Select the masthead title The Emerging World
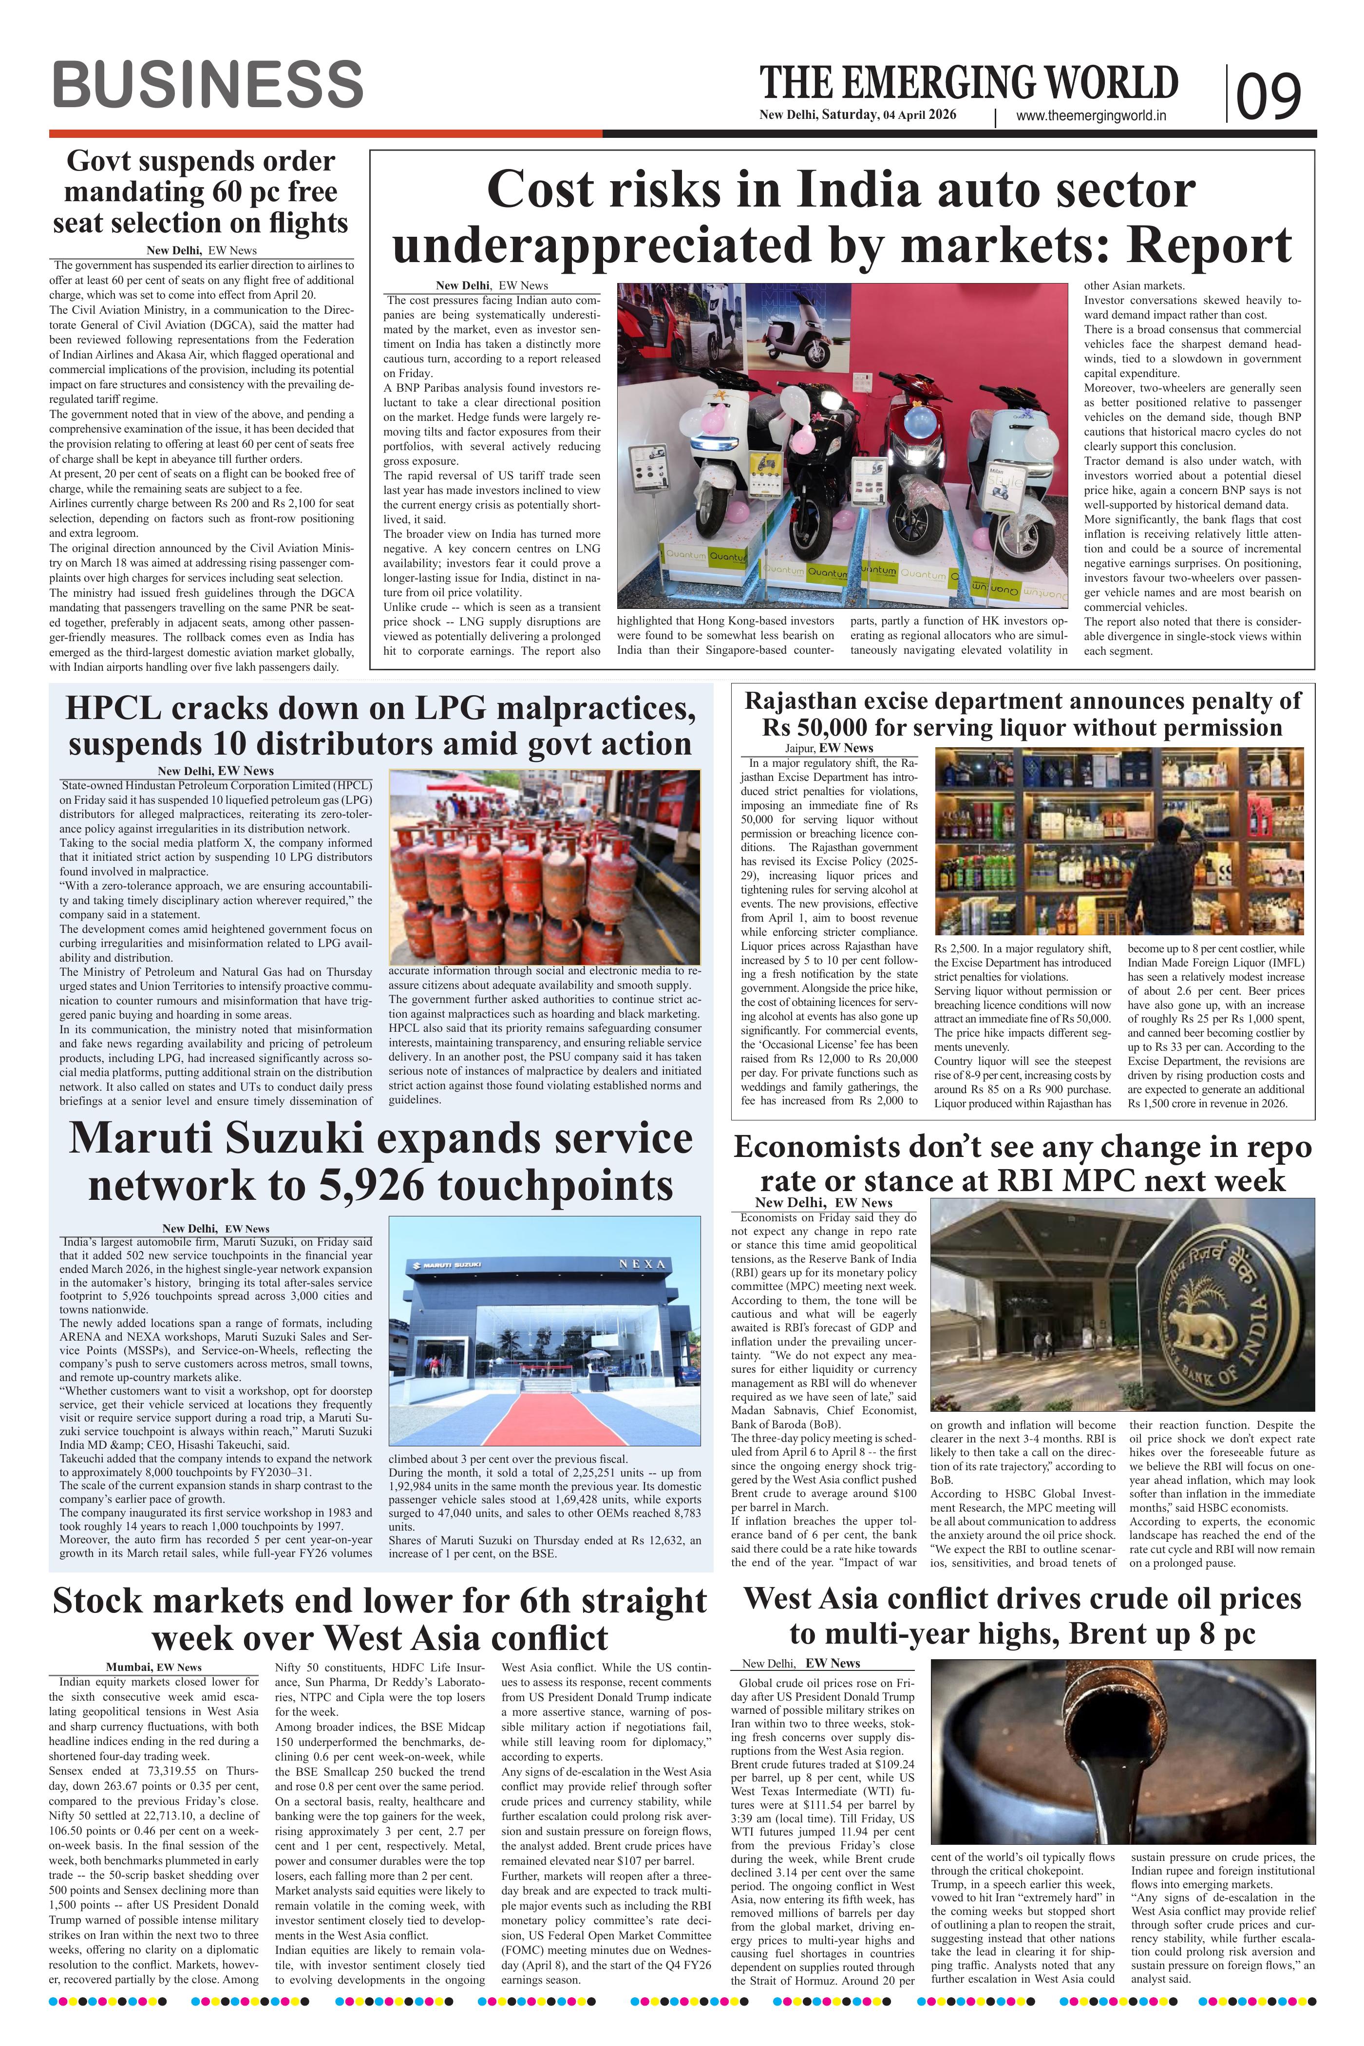(x=969, y=83)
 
